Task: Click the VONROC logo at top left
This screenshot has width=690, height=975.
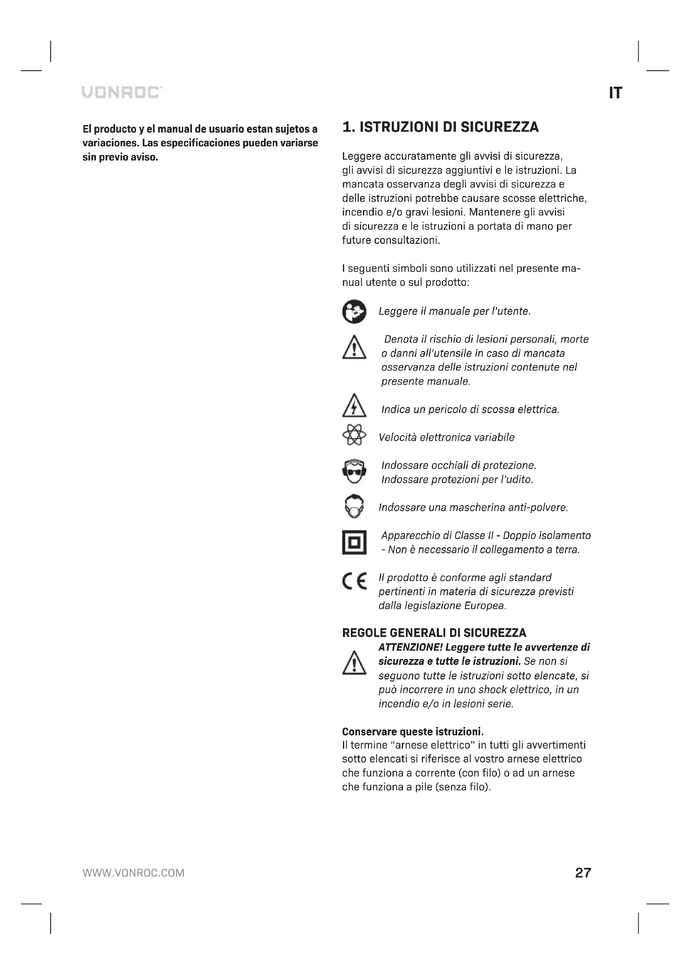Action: coord(122,92)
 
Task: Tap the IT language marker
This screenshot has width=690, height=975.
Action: coord(615,93)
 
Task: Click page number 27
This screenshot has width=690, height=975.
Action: coord(583,872)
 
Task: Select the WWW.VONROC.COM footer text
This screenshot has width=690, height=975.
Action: coord(133,873)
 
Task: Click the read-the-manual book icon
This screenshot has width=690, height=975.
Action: coord(354,312)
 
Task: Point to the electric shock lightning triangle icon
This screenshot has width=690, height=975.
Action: coord(354,406)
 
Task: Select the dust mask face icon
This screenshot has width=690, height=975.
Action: coord(354,506)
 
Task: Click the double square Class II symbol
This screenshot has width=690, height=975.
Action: coord(354,542)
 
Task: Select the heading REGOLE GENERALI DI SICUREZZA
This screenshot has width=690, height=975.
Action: coord(434,633)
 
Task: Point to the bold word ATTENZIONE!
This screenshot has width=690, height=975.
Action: coord(410,647)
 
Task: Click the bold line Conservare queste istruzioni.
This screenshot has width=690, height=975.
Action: coord(413,732)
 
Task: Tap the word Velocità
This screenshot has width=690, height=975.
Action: coord(397,437)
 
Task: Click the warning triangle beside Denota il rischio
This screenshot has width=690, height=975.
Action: coord(354,348)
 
